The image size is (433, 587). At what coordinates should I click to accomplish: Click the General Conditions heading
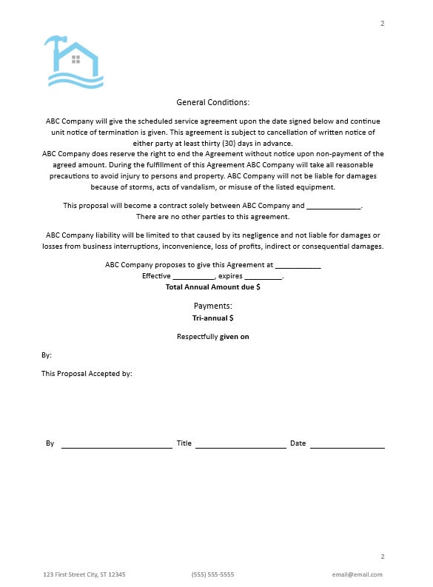click(213, 102)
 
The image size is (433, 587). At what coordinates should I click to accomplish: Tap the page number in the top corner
click(383, 24)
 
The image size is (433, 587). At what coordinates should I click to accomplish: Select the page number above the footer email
click(383, 556)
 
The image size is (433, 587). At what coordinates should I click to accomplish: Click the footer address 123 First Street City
click(84, 574)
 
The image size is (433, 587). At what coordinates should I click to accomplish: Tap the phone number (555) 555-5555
click(212, 574)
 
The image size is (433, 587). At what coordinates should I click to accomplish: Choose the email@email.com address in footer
click(358, 574)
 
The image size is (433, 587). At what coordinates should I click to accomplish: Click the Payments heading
click(213, 306)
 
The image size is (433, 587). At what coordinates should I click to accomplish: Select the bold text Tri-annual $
click(213, 318)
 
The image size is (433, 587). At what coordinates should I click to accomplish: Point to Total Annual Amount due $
click(213, 286)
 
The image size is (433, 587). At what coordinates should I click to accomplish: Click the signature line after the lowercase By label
click(116, 446)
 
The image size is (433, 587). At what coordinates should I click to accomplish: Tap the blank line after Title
click(241, 446)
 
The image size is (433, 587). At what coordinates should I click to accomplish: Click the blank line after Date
click(347, 446)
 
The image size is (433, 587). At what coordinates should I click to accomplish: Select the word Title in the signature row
click(184, 443)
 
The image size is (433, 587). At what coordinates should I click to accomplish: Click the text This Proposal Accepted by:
click(87, 374)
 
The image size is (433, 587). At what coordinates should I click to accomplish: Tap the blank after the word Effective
click(194, 277)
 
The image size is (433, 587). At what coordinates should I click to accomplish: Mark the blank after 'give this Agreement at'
click(298, 266)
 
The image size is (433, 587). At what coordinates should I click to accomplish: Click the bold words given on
click(235, 337)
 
